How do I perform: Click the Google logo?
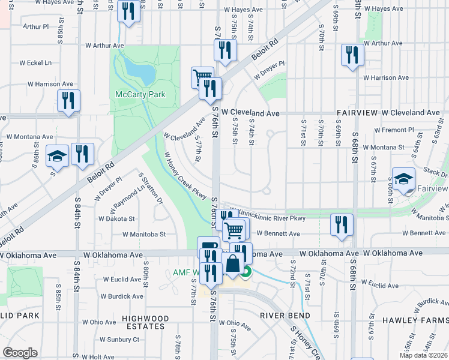pyautogui.click(x=20, y=353)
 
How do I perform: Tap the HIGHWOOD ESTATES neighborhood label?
pyautogui.click(x=143, y=322)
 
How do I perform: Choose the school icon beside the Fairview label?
pyautogui.click(x=403, y=179)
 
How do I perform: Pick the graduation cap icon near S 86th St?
pyautogui.click(x=58, y=156)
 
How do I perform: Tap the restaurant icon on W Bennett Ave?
pyautogui.click(x=341, y=225)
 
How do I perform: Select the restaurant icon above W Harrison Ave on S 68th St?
pyautogui.click(x=352, y=55)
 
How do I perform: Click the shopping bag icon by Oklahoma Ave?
pyautogui.click(x=232, y=263)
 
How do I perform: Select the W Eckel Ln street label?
pyautogui.click(x=35, y=62)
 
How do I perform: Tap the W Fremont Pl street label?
pyautogui.click(x=394, y=130)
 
